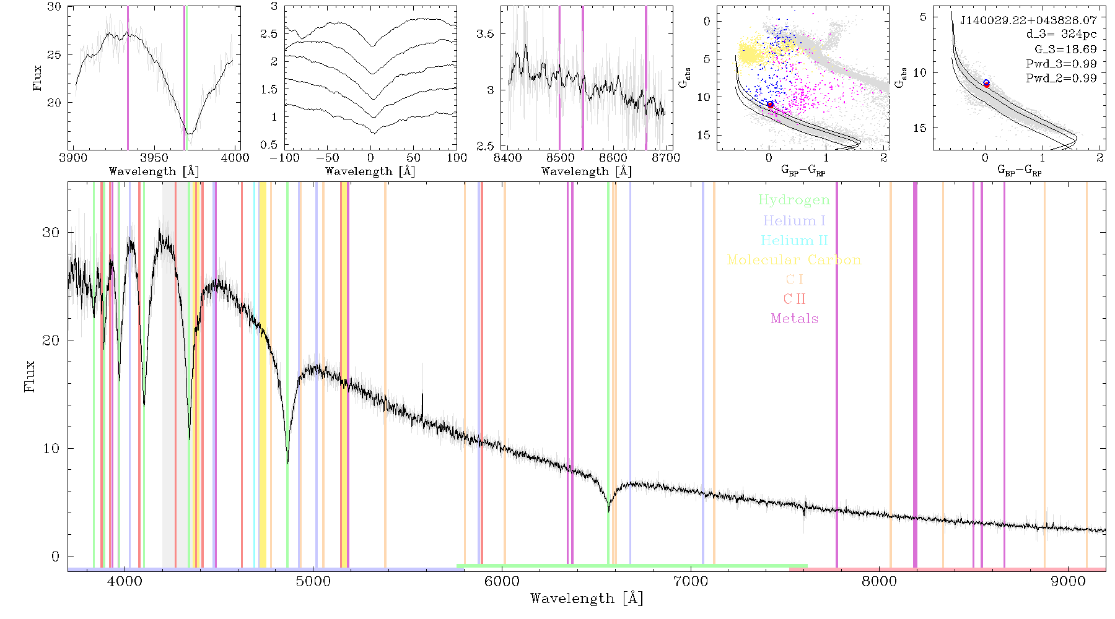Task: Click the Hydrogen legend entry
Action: [x=794, y=200]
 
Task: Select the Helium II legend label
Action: [x=794, y=240]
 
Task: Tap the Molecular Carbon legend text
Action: [x=794, y=260]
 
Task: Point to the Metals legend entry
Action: [x=795, y=319]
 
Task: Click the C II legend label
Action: [x=795, y=299]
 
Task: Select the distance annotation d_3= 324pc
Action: [x=1053, y=35]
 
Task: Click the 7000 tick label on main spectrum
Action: [x=690, y=581]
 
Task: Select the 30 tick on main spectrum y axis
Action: [x=51, y=232]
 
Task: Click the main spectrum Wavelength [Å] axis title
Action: [x=587, y=599]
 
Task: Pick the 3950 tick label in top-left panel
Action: [x=154, y=157]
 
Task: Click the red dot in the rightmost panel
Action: [x=987, y=85]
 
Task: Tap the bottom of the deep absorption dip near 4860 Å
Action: [x=287, y=462]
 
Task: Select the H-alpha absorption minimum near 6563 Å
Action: [x=609, y=510]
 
